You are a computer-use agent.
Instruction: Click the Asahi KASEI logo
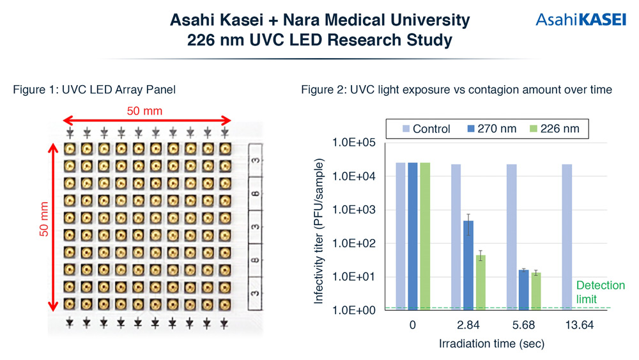tap(581, 20)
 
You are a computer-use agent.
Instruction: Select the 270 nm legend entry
tap(491, 129)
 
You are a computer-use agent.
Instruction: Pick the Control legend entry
tap(426, 129)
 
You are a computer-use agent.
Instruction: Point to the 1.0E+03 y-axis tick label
tap(354, 210)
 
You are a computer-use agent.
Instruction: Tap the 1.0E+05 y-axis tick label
tap(354, 143)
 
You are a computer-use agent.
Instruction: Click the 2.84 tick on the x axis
tap(468, 325)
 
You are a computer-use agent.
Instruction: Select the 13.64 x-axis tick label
tap(579, 325)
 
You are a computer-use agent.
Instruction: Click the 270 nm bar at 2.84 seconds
tap(468, 265)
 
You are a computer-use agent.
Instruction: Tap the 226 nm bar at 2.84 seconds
tap(481, 283)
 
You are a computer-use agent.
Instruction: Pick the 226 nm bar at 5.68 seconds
tap(536, 292)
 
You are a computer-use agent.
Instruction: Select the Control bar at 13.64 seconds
tap(567, 237)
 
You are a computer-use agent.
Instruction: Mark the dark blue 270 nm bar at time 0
tap(413, 237)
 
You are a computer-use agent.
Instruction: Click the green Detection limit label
tap(600, 292)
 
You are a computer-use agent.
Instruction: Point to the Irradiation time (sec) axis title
tap(491, 343)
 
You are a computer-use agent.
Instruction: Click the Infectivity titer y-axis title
tap(318, 231)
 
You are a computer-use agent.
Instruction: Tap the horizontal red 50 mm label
tap(144, 111)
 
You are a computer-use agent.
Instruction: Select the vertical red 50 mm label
tap(43, 219)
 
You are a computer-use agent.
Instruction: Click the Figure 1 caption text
tap(94, 90)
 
